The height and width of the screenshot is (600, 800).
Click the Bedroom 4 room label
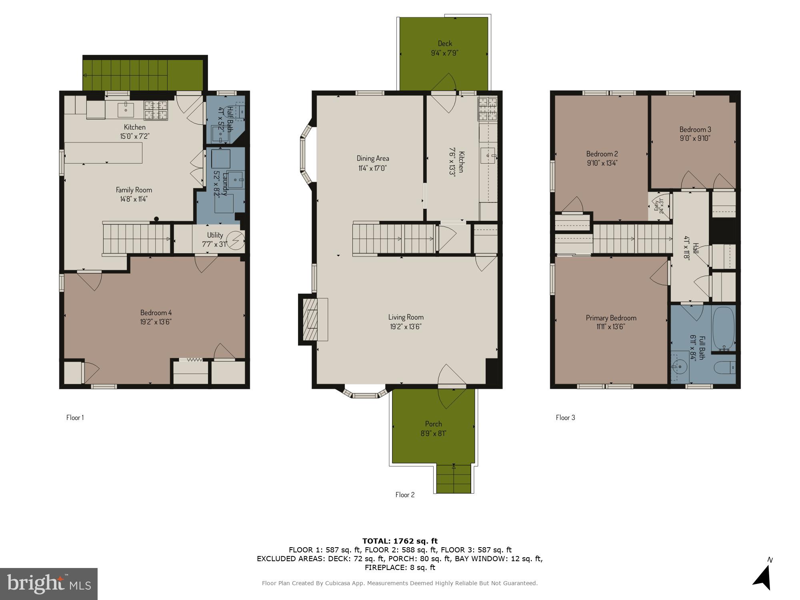coord(156,312)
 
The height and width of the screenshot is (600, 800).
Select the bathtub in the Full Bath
coord(724,328)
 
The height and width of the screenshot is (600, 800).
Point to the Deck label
coord(445,43)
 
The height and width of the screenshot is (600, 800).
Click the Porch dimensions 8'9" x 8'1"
coord(434,433)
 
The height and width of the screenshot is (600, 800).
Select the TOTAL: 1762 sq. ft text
coord(400,541)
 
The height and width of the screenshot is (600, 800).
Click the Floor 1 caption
coord(75,418)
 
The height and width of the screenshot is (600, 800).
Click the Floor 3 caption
coord(565,418)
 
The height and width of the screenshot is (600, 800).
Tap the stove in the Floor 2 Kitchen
coord(487,109)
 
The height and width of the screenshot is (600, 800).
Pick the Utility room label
coord(215,235)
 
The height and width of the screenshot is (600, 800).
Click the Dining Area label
coord(373,158)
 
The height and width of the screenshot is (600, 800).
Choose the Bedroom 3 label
coord(695,129)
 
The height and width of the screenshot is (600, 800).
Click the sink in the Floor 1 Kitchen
coord(126,109)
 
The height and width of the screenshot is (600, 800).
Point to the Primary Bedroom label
coord(611,318)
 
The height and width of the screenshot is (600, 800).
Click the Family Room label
coord(134,190)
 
